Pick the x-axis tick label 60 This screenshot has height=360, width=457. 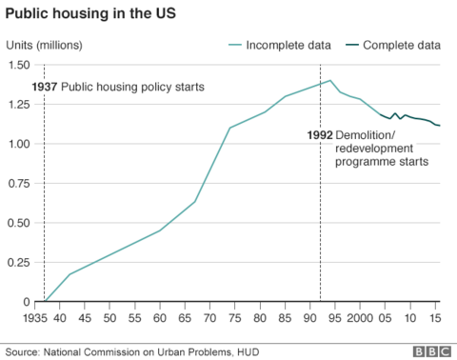click(x=159, y=316)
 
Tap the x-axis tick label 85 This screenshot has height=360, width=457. click(x=285, y=316)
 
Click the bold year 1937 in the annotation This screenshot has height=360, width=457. click(x=48, y=88)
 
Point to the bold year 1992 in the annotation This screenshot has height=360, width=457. click(x=320, y=134)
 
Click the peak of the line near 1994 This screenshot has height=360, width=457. click(x=330, y=81)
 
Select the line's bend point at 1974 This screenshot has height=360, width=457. click(x=229, y=128)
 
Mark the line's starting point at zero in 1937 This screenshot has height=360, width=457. click(x=45, y=302)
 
